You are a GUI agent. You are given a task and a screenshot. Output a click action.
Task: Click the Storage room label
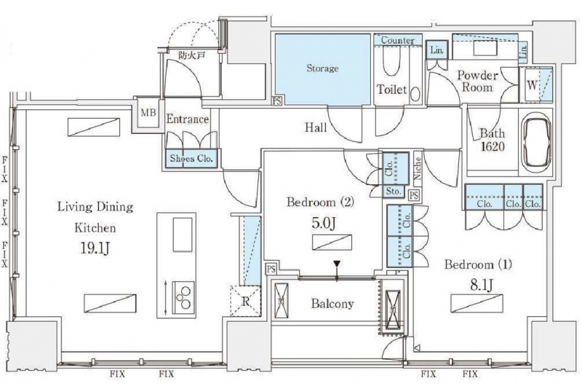[322, 68]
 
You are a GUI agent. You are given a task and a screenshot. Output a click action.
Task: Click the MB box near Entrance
[148, 114]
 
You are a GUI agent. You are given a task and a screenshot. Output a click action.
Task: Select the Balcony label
[334, 304]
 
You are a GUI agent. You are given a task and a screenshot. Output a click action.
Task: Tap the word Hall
[316, 128]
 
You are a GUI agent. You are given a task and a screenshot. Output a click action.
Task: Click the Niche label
[418, 169]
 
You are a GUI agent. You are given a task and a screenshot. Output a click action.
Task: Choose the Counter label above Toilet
[397, 40]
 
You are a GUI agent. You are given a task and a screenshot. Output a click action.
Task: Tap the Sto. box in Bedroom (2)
[394, 192]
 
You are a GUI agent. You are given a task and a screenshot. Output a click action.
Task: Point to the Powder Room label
[477, 81]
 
